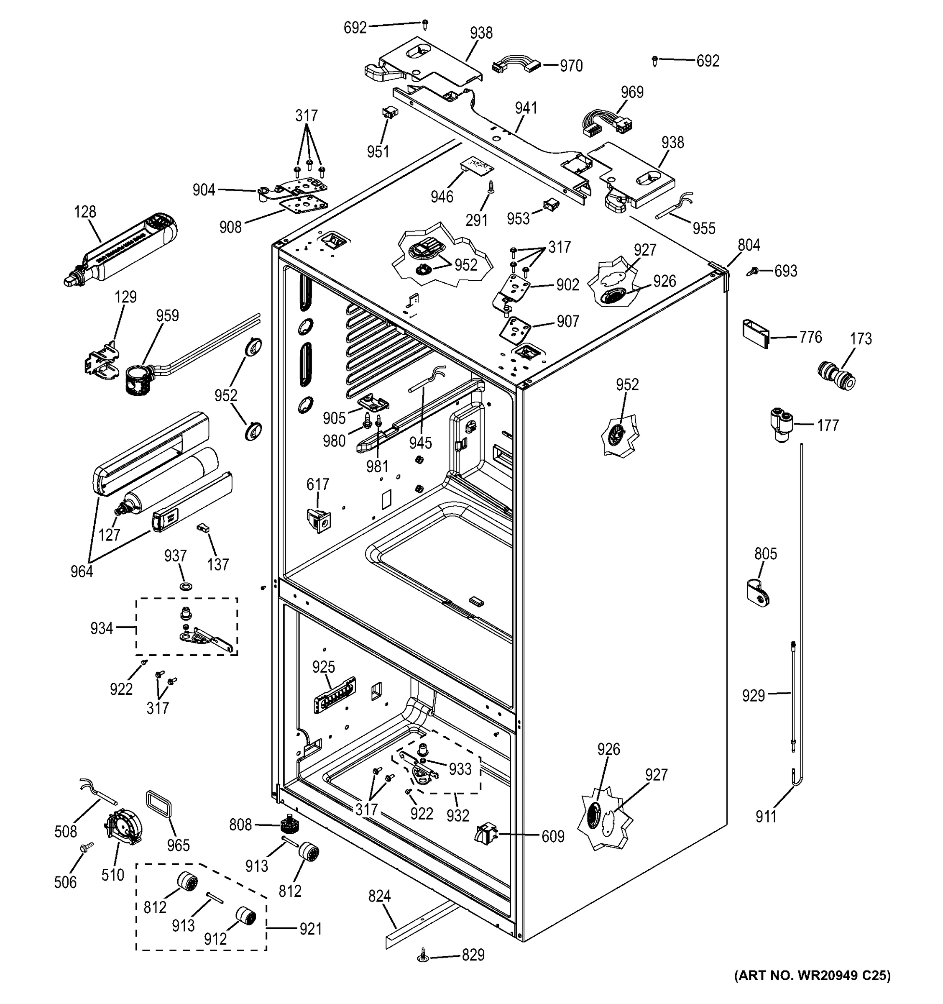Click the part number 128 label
85,212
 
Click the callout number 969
632,92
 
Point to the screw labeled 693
753,271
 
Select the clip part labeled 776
755,333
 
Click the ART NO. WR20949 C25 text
812,989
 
